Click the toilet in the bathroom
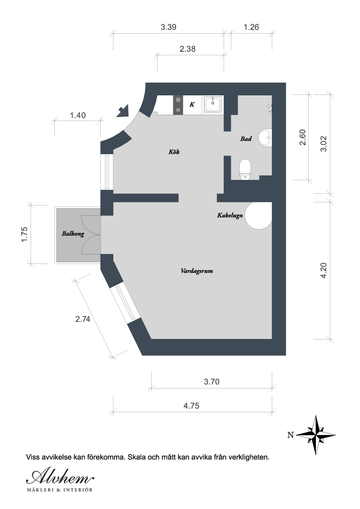point(245,169)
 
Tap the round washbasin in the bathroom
point(265,138)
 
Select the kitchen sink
point(213,104)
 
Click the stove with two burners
point(178,104)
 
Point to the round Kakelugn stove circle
point(258,215)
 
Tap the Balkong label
point(73,233)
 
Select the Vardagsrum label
point(197,271)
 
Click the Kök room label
point(174,152)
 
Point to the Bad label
point(246,138)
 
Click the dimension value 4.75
point(191,406)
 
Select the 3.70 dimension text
point(211,382)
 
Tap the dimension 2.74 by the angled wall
point(83,319)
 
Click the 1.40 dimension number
point(78,115)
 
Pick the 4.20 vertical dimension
point(324,270)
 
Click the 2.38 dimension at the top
point(188,49)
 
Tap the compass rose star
point(316,435)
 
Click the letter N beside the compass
point(290,435)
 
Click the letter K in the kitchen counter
point(192,104)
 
